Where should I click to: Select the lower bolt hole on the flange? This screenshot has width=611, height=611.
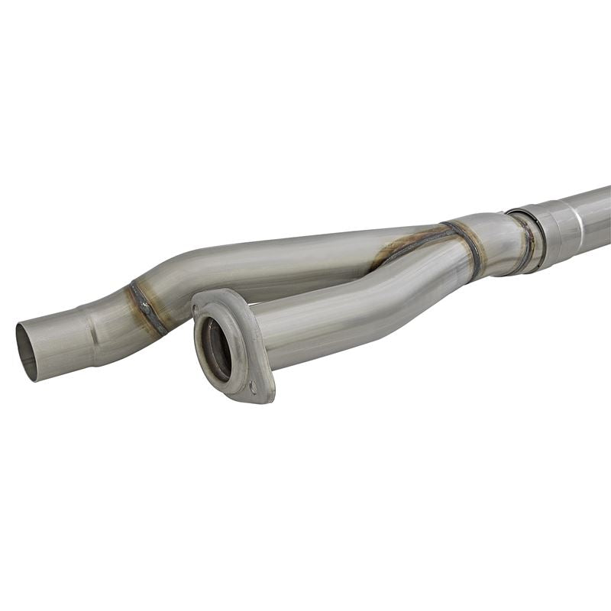(252, 387)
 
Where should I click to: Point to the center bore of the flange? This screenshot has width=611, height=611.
(217, 350)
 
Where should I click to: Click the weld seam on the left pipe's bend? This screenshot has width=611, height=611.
(147, 306)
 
